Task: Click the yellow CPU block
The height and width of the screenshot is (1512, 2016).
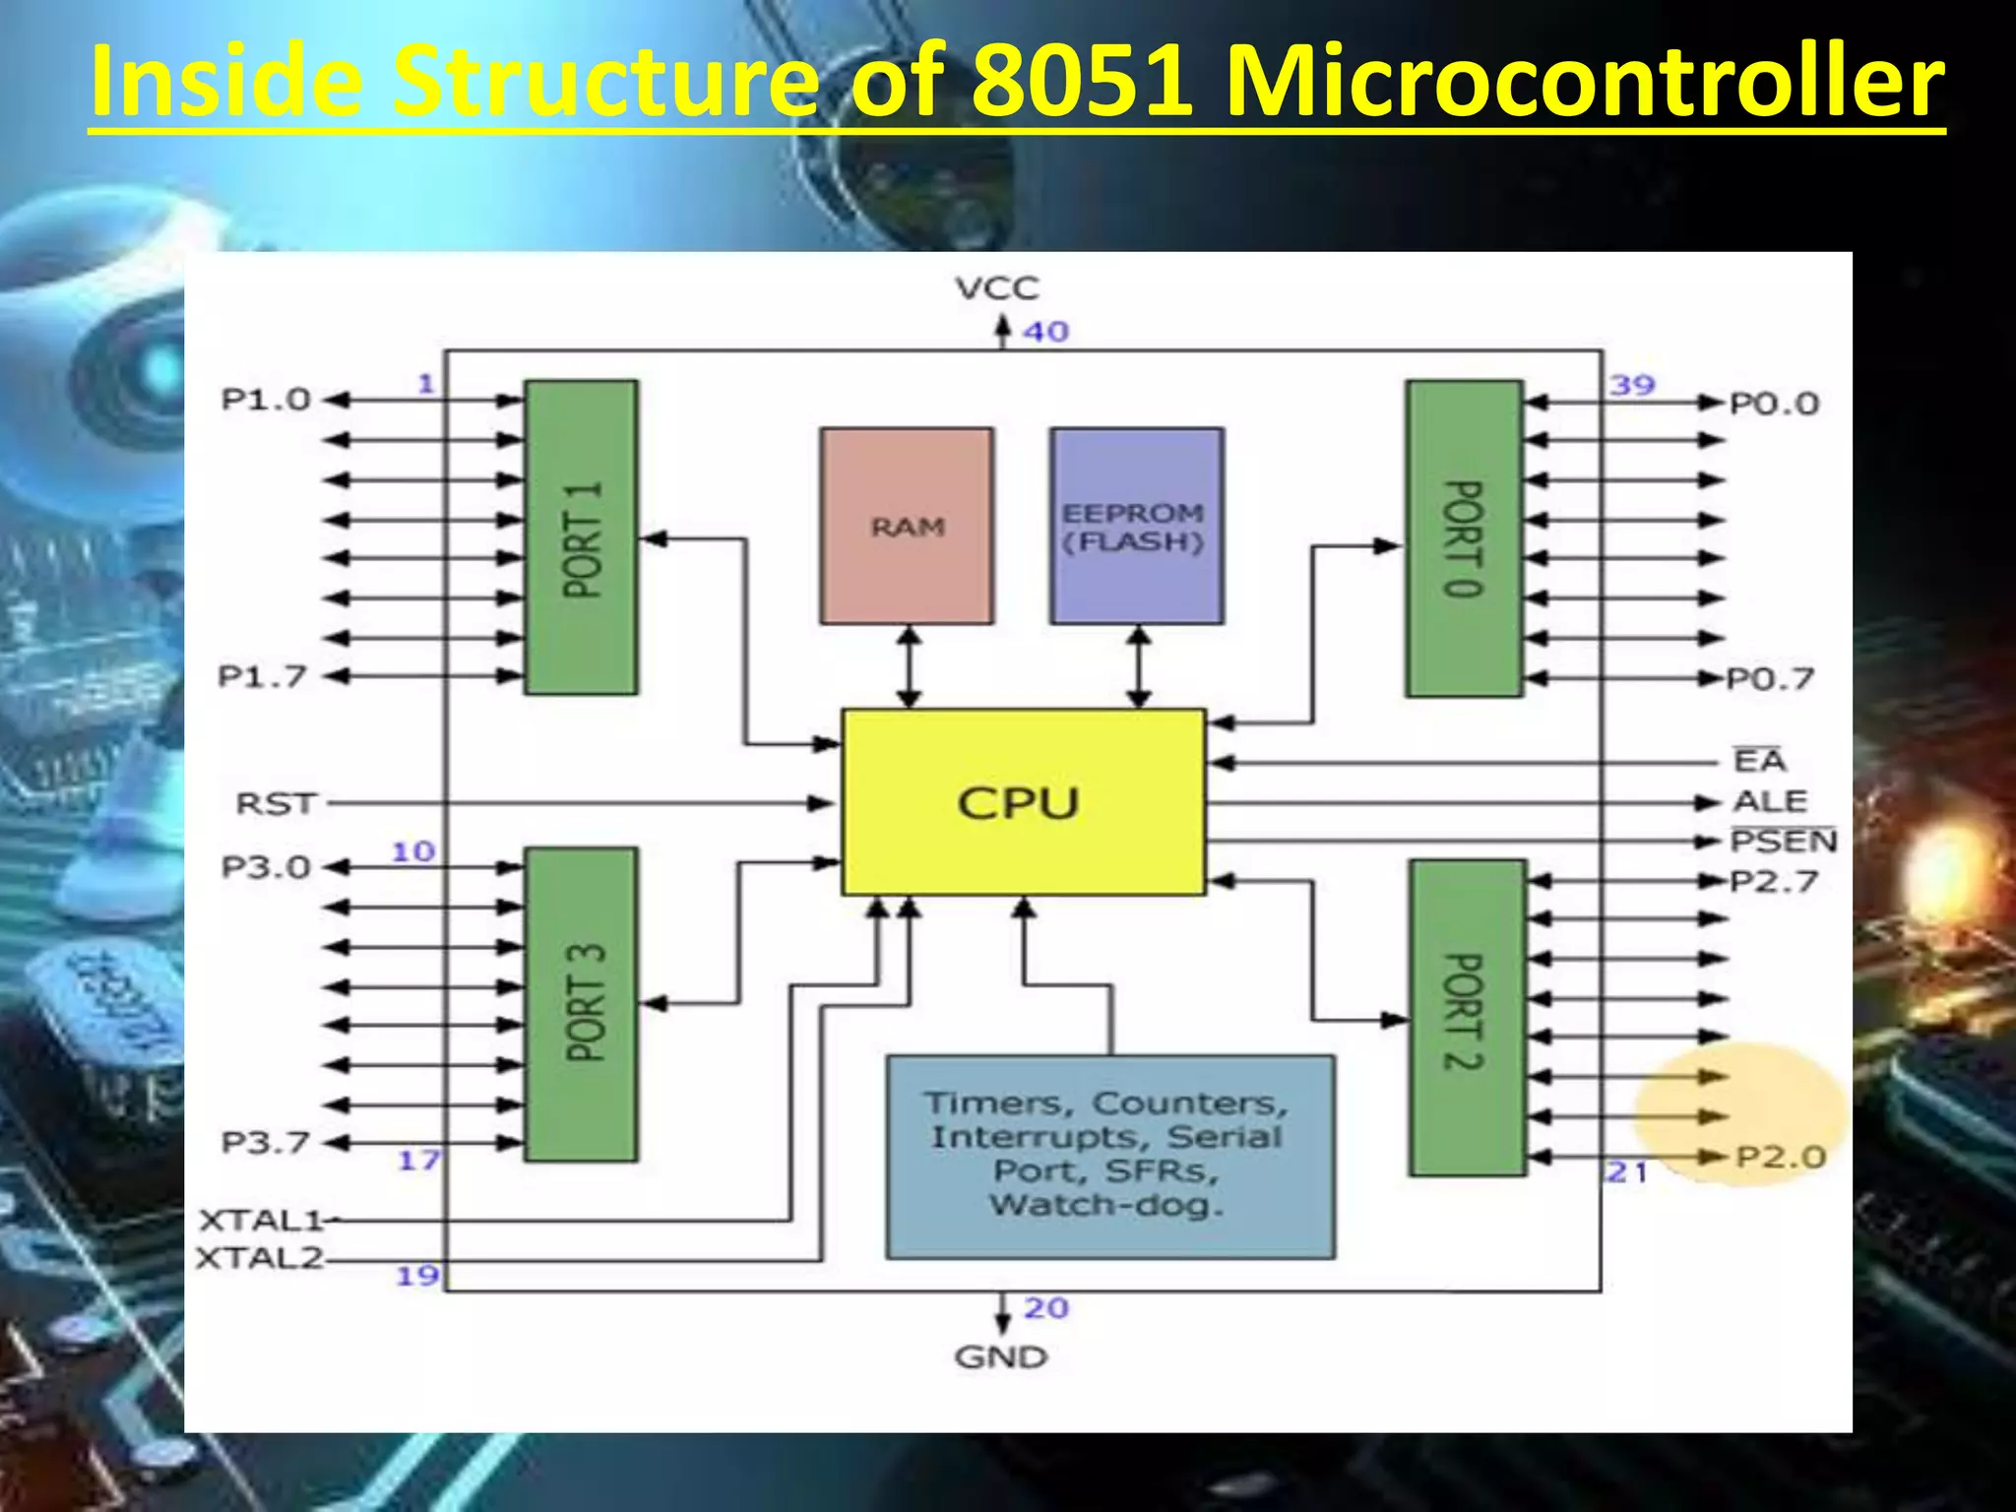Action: pos(1022,802)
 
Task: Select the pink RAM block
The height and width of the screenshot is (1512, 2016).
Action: pos(907,526)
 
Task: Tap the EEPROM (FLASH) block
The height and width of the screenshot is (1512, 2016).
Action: pos(1136,526)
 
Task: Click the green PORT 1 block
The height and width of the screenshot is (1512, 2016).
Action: pos(581,537)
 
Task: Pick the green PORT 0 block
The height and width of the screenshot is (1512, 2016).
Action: pos(1464,538)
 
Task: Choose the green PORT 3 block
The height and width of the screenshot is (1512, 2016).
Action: pos(581,1004)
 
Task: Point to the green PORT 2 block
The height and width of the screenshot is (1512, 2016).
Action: pos(1467,1018)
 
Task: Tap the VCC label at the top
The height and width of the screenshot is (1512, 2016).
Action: pos(996,288)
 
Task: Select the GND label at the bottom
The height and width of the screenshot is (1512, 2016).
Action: pos(1000,1357)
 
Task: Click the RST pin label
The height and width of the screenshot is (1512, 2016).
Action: pos(276,804)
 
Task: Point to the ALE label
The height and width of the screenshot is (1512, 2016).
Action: pos(1770,801)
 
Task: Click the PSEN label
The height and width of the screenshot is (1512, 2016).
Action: pos(1783,842)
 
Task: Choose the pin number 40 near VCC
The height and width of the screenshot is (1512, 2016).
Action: pos(1045,332)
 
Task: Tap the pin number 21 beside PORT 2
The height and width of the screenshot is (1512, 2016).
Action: pos(1626,1172)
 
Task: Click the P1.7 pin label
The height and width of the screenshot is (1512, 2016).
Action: pos(262,677)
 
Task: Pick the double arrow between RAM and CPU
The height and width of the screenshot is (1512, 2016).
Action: pos(909,666)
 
